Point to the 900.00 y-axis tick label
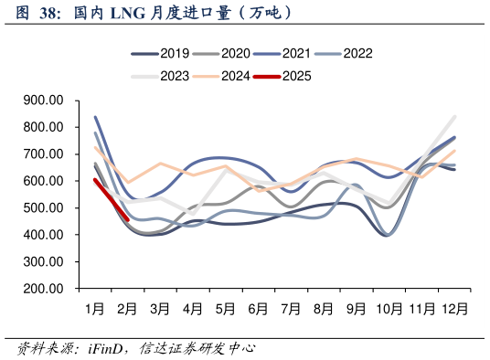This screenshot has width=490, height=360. [x=43, y=101]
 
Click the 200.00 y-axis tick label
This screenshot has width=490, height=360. [x=43, y=289]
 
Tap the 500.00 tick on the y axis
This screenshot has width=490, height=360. [x=43, y=208]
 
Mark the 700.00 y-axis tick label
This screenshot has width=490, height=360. [x=43, y=154]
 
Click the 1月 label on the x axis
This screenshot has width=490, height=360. [x=94, y=310]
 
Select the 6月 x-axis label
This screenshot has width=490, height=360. [x=259, y=310]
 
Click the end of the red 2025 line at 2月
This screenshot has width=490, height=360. [x=127, y=219]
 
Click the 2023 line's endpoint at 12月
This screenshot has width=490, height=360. [x=454, y=117]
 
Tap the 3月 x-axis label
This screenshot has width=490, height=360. [x=160, y=310]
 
